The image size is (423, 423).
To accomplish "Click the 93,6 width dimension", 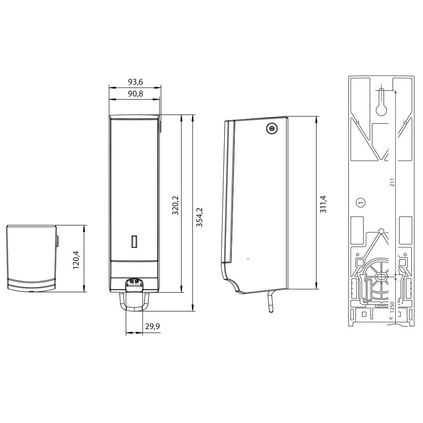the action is click(x=135, y=82).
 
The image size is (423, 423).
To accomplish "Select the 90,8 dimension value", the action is click(x=135, y=94).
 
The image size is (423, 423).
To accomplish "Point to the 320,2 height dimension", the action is click(x=176, y=205).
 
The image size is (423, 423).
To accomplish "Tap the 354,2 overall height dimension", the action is click(x=199, y=217).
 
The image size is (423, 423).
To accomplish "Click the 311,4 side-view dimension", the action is click(x=323, y=204).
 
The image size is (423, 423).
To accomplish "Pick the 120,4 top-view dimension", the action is click(x=76, y=260).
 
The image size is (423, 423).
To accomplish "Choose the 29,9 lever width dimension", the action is click(x=152, y=327).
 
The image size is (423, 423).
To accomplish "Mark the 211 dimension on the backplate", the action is click(x=392, y=182).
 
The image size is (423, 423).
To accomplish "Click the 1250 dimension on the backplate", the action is click(x=392, y=307).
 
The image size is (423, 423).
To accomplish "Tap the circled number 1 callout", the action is click(x=361, y=202).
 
